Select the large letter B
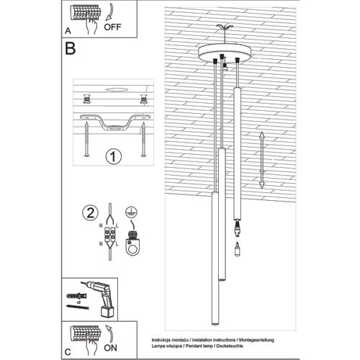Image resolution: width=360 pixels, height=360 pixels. (x=71, y=49)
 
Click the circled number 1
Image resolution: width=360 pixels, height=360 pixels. (x=112, y=156)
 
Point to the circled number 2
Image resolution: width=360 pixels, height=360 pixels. (x=90, y=212)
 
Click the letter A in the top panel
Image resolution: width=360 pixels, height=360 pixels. (x=68, y=32)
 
